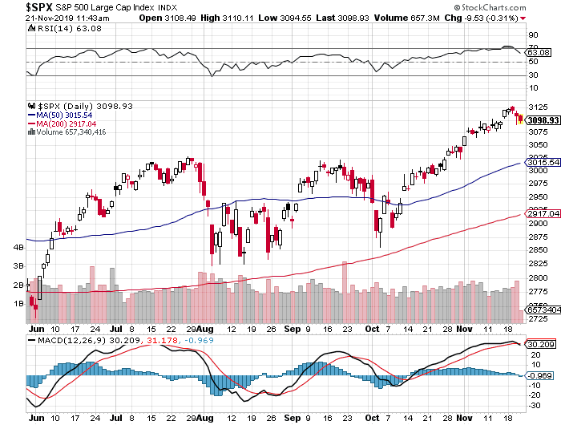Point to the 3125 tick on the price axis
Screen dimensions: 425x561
[x=538, y=106]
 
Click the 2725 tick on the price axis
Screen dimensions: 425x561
[x=538, y=319]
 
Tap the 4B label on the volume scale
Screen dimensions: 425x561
[x=18, y=247]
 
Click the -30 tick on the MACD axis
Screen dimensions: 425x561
[x=534, y=404]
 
